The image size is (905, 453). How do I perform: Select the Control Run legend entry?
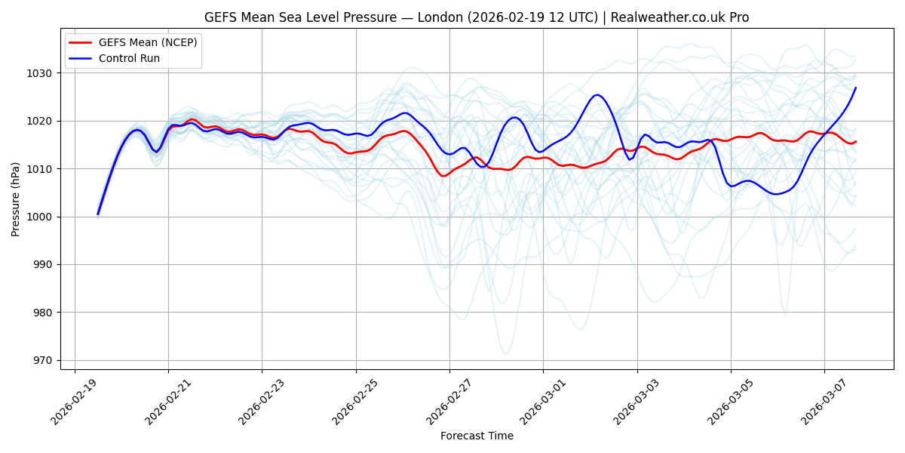coord(129,58)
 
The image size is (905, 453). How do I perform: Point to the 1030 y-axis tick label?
coord(42,73)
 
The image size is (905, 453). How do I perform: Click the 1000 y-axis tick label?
coord(42,217)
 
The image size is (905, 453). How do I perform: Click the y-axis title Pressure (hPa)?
coord(16,199)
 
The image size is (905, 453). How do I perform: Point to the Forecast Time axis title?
coord(477,436)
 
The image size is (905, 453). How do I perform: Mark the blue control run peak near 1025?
coord(597,94)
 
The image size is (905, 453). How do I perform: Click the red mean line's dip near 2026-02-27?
coord(444,176)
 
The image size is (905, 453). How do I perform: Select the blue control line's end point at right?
coord(855,88)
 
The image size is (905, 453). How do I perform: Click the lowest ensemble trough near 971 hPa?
coord(505,353)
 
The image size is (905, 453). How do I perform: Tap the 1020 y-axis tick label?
coord(42,121)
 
